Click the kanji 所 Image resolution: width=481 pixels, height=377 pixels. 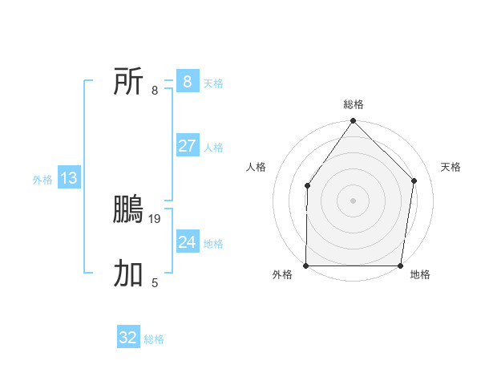pos(128,81)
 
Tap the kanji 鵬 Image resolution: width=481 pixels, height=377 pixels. pos(128,209)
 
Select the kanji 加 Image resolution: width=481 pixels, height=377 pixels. pos(128,274)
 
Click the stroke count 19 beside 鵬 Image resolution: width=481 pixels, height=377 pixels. pos(156,218)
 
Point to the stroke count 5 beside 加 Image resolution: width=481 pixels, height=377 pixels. pos(155,282)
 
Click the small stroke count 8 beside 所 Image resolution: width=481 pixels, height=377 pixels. pos(155,90)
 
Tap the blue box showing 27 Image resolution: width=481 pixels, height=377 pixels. pos(187,145)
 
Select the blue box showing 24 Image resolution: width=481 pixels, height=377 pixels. pos(187,241)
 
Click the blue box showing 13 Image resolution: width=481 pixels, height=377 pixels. pos(69,178)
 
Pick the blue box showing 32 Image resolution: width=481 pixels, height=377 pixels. pos(127,338)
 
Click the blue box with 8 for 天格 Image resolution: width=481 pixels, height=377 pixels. pos(187,81)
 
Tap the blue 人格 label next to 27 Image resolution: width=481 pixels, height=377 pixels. pos(214,148)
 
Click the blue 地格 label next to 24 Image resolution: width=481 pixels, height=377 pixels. pos(214,244)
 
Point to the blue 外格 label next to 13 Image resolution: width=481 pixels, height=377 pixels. pos(42,180)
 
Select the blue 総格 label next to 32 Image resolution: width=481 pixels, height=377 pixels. pos(155,340)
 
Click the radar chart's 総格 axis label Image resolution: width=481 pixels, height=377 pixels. pos(354,104)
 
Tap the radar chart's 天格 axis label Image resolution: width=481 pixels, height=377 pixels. pos(451,167)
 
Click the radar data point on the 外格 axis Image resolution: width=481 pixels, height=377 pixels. pos(306,266)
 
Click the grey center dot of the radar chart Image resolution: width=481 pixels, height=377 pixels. pos(353,201)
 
